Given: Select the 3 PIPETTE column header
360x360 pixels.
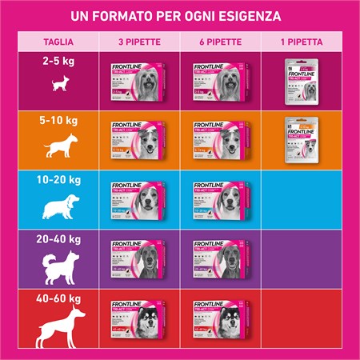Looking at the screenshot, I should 135,40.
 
